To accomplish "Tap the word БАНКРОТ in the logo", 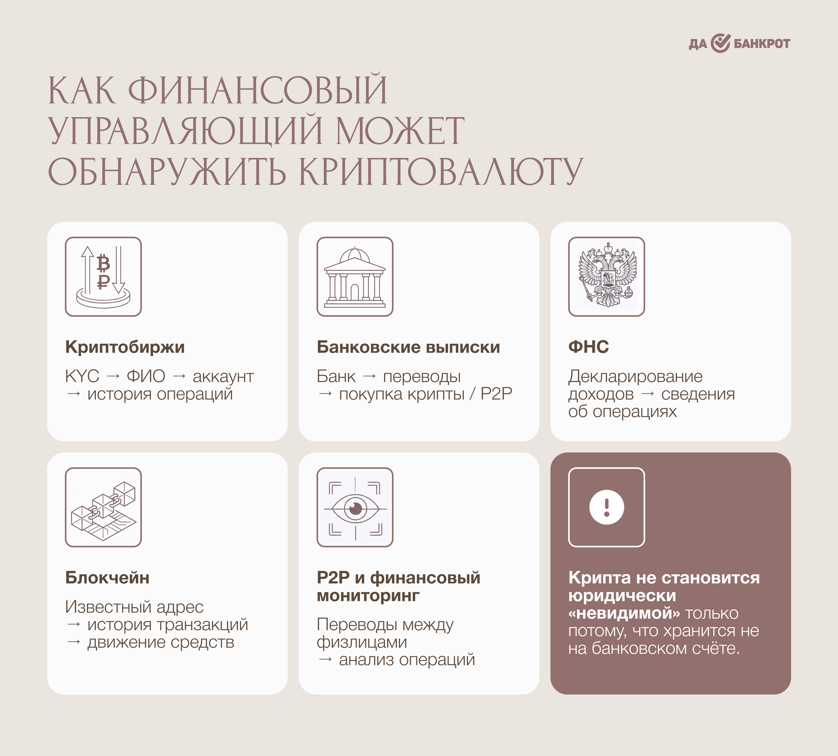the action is [762, 44].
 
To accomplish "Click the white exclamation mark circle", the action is [607, 507].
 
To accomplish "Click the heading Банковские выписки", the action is [408, 347].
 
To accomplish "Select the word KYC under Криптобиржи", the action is [82, 376].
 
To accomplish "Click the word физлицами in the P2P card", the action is [362, 642].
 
